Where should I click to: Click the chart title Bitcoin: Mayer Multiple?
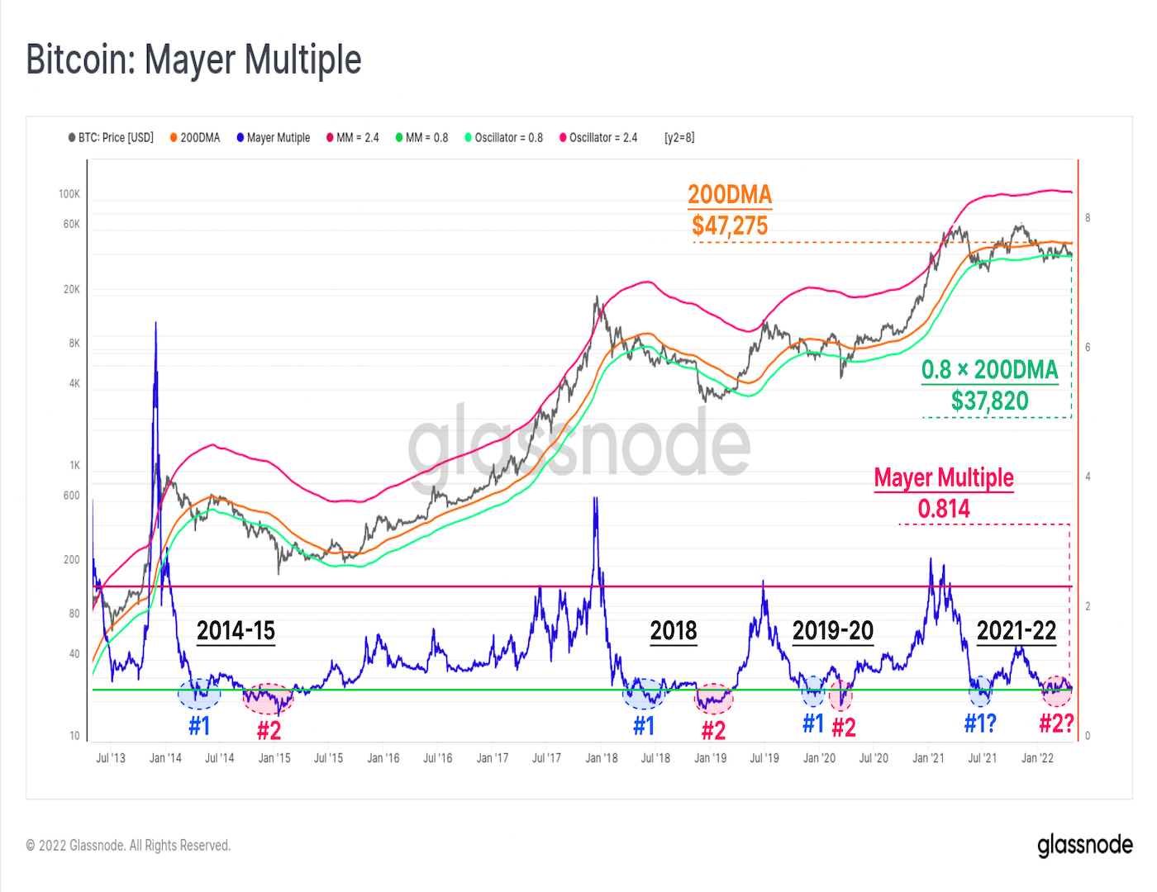click(193, 60)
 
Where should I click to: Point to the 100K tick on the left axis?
click(69, 194)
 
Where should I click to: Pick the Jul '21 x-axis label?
click(982, 758)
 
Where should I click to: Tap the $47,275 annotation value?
click(730, 225)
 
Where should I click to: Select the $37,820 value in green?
click(989, 401)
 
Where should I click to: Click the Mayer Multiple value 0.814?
click(944, 509)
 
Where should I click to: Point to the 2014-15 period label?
click(236, 631)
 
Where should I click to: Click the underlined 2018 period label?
click(674, 631)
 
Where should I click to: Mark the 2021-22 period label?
click(1017, 631)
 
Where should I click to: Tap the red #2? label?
click(1056, 724)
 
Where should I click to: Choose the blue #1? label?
click(980, 724)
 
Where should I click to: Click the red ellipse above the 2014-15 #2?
click(268, 699)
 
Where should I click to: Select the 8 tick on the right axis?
click(1088, 218)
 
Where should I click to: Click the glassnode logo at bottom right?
click(1084, 845)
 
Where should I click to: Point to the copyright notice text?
click(128, 846)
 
